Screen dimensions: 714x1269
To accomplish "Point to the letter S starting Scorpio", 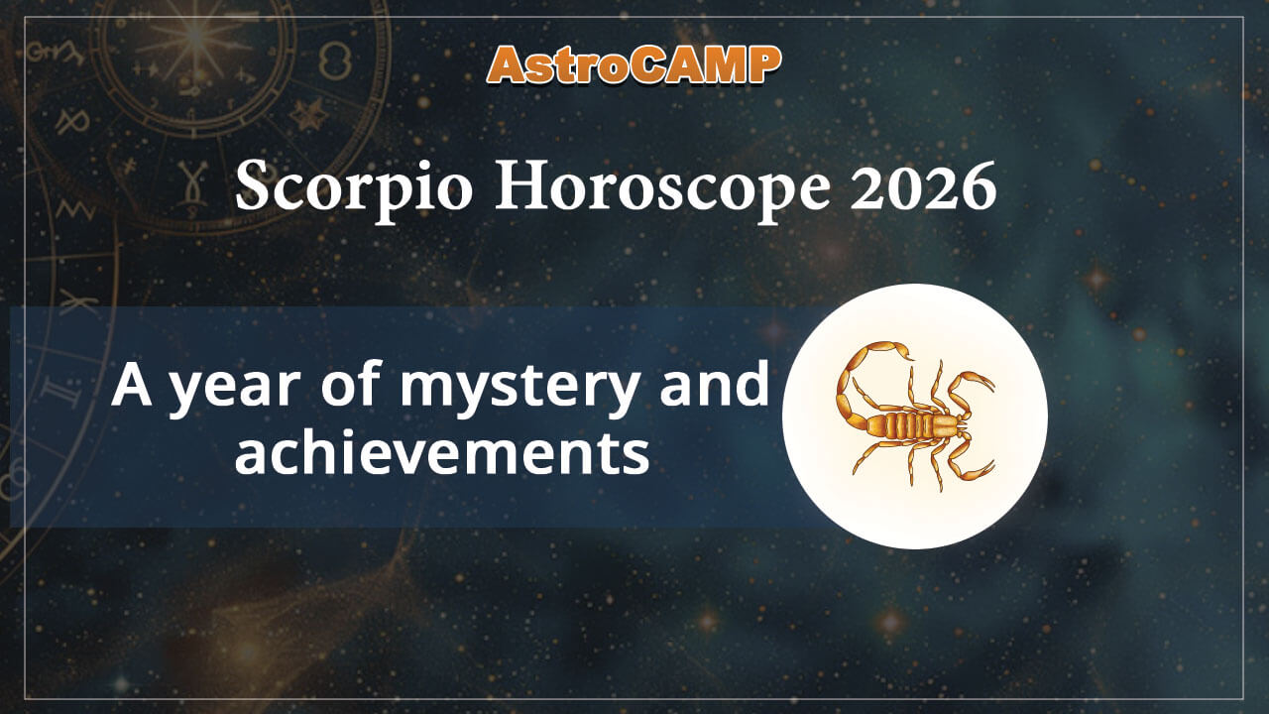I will pyautogui.click(x=255, y=188).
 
